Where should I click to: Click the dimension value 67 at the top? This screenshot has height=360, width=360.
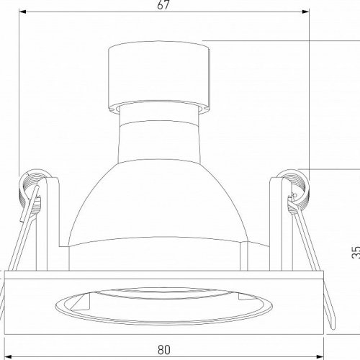[163, 5]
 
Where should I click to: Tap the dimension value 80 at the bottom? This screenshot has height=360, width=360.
[164, 351]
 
